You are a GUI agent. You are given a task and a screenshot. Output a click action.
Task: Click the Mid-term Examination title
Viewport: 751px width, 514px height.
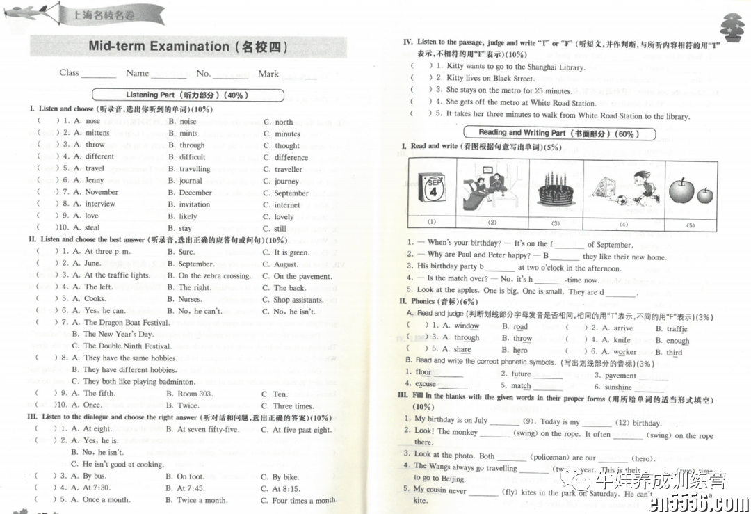188,47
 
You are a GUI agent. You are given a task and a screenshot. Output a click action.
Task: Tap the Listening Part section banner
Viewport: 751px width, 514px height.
188,95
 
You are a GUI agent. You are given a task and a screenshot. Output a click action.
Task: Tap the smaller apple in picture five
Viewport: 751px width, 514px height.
705,195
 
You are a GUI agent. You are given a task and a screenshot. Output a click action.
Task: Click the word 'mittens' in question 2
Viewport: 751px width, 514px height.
97,133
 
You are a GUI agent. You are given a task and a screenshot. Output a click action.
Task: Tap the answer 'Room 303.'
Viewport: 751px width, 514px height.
195,394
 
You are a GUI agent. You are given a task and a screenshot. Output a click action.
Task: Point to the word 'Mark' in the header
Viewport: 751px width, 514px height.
268,74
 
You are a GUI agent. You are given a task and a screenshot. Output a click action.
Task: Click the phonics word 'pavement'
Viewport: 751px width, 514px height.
620,376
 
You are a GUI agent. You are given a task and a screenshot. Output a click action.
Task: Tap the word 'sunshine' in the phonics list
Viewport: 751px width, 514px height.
618,387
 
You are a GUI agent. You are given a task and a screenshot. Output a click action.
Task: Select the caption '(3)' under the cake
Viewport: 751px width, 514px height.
556,223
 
